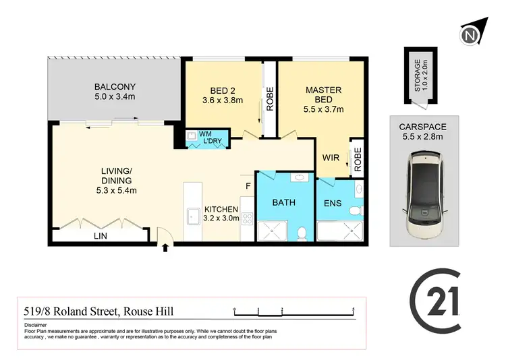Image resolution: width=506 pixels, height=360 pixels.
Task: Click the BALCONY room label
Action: point(115,87)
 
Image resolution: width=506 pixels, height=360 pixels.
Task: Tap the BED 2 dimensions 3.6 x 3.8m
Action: point(223,100)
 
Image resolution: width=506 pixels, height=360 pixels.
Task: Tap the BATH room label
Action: point(283,202)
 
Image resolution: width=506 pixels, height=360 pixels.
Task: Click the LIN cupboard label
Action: point(99,236)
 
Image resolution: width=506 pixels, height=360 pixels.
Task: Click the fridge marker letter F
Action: point(248,185)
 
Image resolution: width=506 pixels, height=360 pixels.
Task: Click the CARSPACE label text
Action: point(422,125)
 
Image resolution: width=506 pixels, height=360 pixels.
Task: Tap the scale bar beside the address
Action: point(294,311)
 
